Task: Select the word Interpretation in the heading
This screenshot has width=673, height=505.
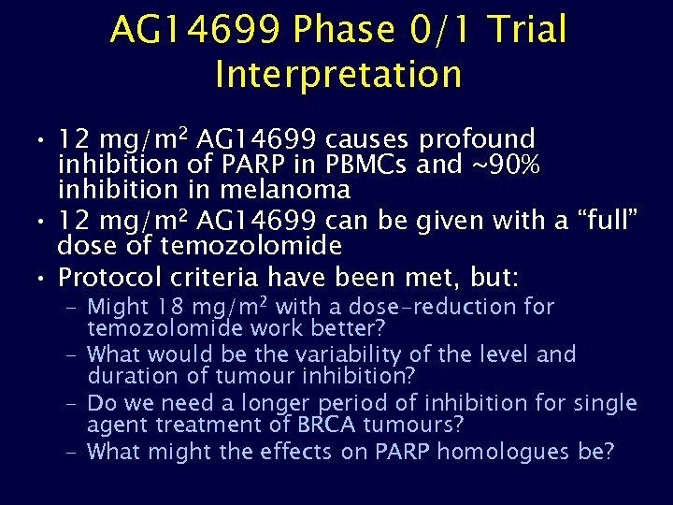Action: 338,75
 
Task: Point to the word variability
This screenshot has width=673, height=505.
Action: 318,354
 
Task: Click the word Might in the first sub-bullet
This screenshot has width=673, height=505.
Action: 118,307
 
